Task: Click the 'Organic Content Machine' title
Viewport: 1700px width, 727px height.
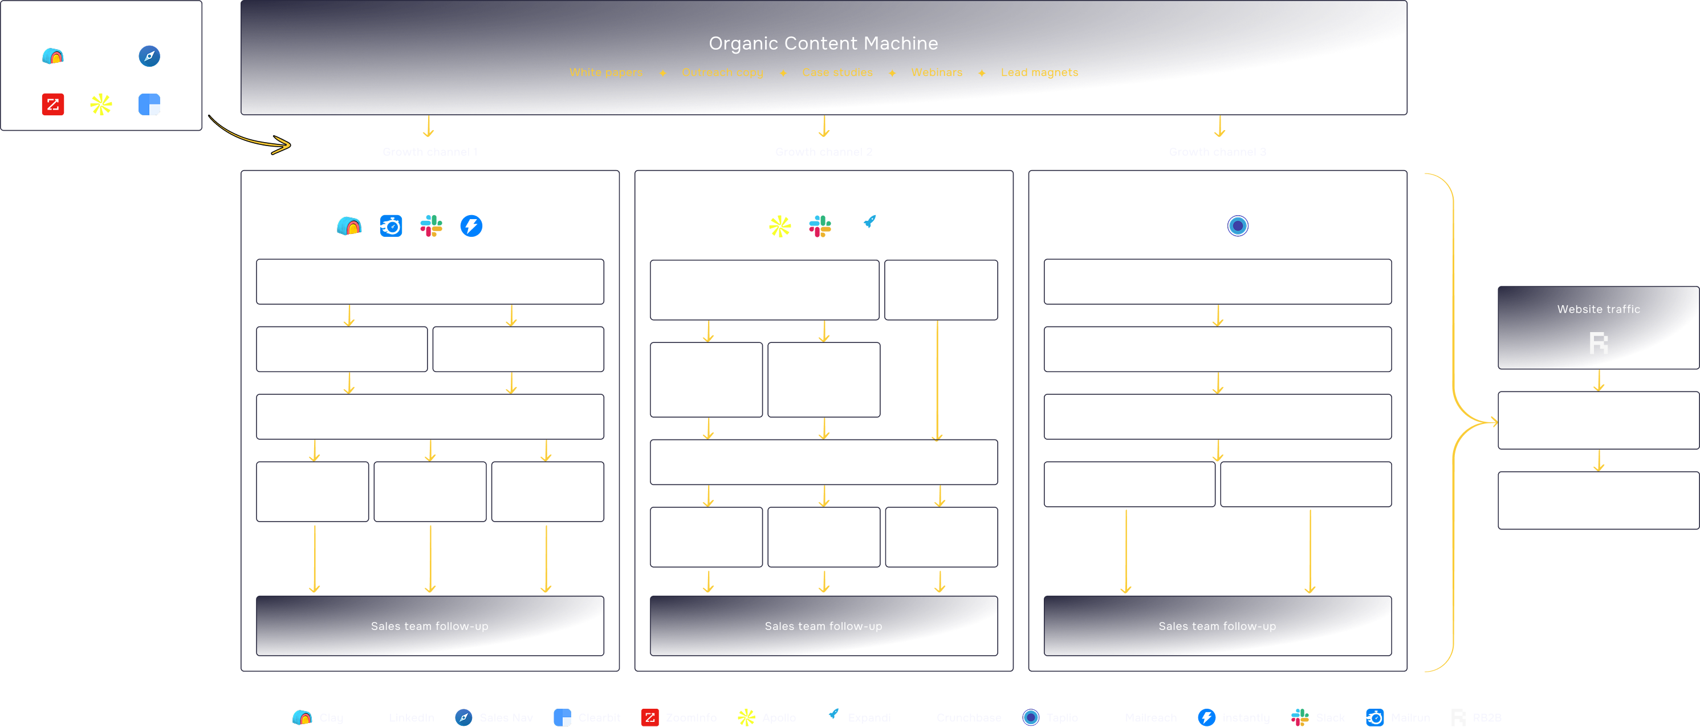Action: coord(823,43)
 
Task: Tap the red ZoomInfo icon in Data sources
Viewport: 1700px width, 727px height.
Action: coord(53,104)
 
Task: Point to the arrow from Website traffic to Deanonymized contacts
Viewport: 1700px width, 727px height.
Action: coord(1599,381)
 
